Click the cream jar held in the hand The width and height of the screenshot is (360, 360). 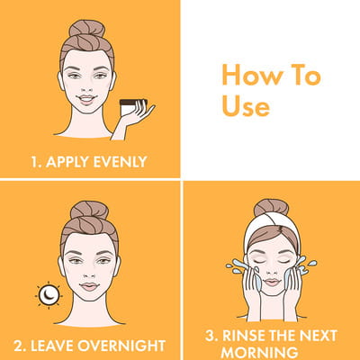click(131, 107)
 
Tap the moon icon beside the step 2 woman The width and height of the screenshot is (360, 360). click(49, 295)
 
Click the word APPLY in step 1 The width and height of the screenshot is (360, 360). click(67, 162)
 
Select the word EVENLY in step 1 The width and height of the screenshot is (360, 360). click(120, 162)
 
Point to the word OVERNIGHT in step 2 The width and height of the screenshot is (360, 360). click(121, 346)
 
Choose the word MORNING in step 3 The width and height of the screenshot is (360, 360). click(259, 353)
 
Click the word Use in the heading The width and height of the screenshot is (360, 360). click(246, 107)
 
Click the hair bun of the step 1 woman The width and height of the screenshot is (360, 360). click(87, 28)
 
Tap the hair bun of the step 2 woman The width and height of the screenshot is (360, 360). click(89, 210)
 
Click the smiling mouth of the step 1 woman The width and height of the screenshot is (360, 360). click(86, 99)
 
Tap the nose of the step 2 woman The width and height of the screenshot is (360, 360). click(89, 274)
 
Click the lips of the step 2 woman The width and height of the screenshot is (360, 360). click(89, 286)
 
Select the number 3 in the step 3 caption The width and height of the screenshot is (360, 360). click(211, 336)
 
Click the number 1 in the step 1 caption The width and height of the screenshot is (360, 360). click(35, 162)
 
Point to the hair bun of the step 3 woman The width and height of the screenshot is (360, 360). click(271, 207)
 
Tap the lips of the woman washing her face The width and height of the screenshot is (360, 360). click(272, 282)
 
